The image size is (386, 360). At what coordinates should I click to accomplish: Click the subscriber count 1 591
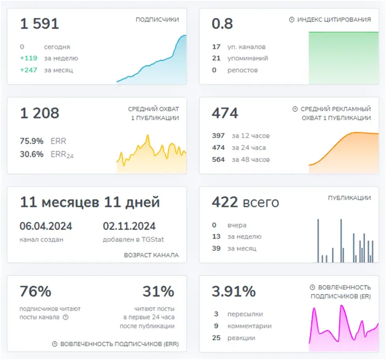click(x=39, y=24)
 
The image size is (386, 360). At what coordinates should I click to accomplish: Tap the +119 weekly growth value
click(x=28, y=58)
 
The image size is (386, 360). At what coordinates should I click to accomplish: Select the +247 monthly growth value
click(x=28, y=70)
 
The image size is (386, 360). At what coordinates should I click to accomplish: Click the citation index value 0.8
click(x=222, y=24)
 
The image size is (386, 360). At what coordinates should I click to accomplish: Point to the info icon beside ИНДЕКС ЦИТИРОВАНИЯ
click(x=291, y=19)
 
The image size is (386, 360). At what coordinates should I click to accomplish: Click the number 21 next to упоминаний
click(x=216, y=58)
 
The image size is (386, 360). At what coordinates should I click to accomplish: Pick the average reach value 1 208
click(x=39, y=113)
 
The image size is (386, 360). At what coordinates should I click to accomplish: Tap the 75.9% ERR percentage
click(x=32, y=141)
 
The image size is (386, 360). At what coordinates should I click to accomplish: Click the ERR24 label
click(x=62, y=155)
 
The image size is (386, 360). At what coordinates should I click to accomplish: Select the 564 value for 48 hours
click(x=218, y=160)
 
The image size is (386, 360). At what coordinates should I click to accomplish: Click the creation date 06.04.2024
click(x=46, y=226)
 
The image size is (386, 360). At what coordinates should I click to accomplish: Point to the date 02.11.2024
click(x=129, y=226)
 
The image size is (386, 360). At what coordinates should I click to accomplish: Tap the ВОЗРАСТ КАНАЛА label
click(x=152, y=255)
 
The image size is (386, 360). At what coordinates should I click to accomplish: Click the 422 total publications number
click(x=225, y=202)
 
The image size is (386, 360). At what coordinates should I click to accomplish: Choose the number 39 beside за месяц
click(x=216, y=248)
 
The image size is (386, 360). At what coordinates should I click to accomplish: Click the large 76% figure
click(x=36, y=291)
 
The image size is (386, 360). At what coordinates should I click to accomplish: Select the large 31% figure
click(x=159, y=291)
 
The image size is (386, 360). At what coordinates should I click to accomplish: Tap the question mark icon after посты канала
click(x=66, y=317)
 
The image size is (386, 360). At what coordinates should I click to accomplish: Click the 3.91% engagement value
click(x=234, y=291)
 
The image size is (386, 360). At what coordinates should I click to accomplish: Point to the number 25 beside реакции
click(x=216, y=338)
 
